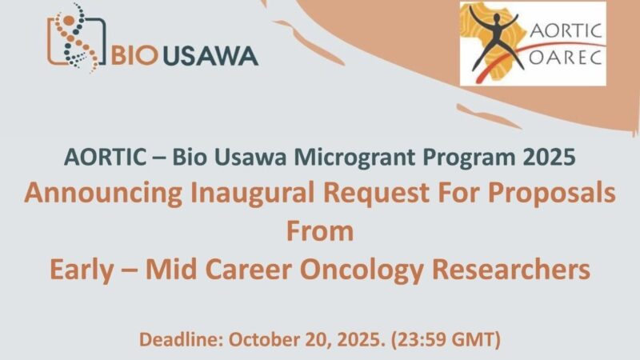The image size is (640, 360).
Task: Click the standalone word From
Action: click(319, 232)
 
